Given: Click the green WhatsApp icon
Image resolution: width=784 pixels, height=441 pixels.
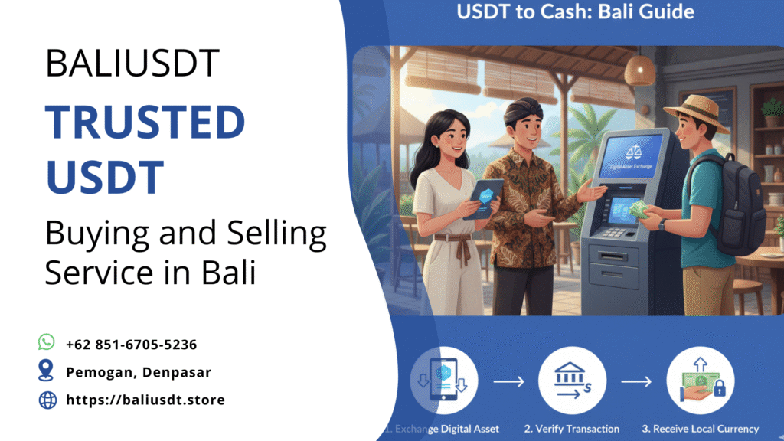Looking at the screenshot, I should (47, 342).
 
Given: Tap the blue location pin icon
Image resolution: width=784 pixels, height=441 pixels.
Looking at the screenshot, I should (47, 371).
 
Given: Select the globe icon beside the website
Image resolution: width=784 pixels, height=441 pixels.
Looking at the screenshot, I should (47, 400).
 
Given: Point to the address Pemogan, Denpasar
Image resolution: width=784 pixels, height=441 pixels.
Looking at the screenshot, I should (139, 372).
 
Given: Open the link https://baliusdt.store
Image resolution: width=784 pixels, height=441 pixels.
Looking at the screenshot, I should (145, 400).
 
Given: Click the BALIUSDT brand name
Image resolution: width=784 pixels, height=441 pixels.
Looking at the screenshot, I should (132, 63).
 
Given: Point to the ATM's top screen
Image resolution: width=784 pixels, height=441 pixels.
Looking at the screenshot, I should (630, 156).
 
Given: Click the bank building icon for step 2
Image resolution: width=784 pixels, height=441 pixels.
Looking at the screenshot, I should (572, 378).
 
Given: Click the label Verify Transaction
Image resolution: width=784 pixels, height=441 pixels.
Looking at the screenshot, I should (571, 429).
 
